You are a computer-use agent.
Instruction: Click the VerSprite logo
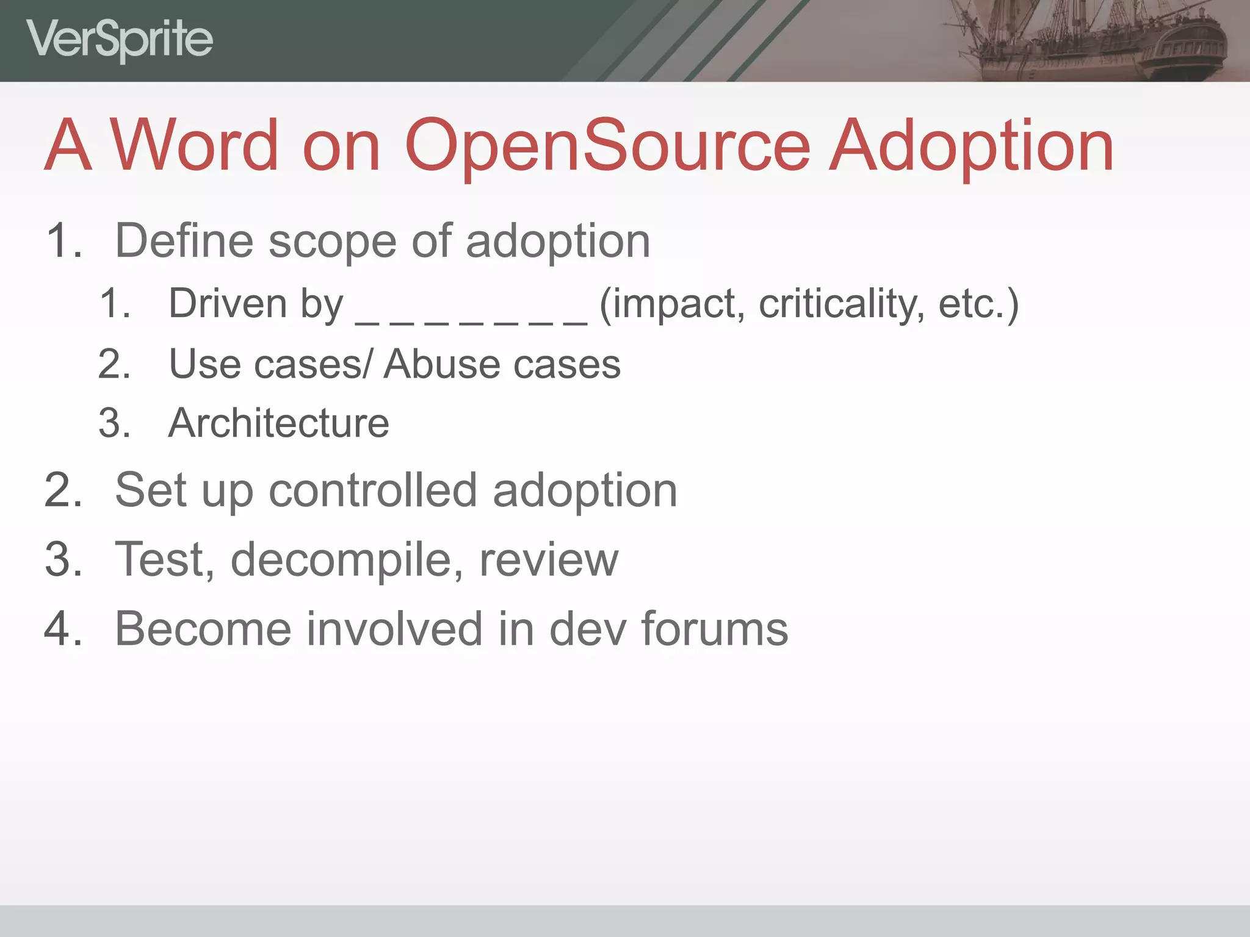(x=120, y=40)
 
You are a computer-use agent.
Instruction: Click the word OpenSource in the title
(x=607, y=146)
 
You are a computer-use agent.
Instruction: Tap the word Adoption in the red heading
(x=973, y=146)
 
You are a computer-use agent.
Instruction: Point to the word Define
(x=184, y=241)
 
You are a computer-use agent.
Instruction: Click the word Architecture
(x=278, y=423)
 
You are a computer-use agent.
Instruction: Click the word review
(x=549, y=560)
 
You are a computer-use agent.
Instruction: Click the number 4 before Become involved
(x=61, y=629)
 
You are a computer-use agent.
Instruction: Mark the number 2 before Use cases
(x=114, y=364)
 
